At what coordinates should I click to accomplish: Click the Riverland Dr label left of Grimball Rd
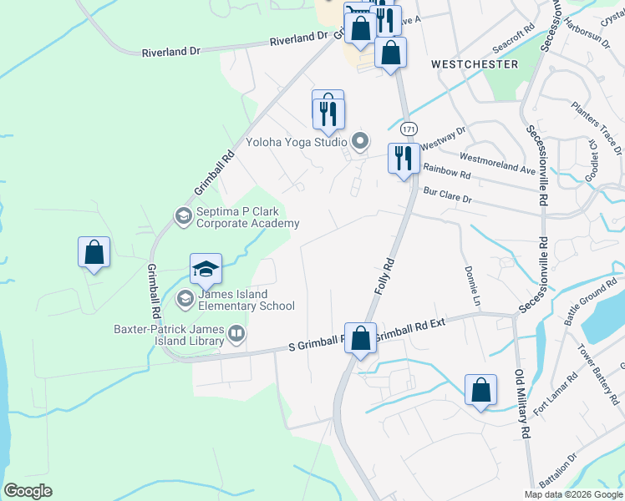click(x=172, y=51)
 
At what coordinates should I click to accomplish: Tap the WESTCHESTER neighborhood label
click(x=475, y=63)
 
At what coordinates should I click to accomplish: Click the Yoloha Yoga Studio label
click(x=297, y=142)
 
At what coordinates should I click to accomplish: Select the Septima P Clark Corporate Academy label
click(x=247, y=217)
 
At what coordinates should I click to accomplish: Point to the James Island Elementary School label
click(x=246, y=300)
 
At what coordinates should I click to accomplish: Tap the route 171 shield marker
click(x=408, y=129)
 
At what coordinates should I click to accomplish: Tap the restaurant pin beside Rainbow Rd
click(x=404, y=157)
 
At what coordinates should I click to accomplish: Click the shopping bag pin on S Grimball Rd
click(x=360, y=339)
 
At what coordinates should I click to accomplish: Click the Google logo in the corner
click(x=28, y=491)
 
